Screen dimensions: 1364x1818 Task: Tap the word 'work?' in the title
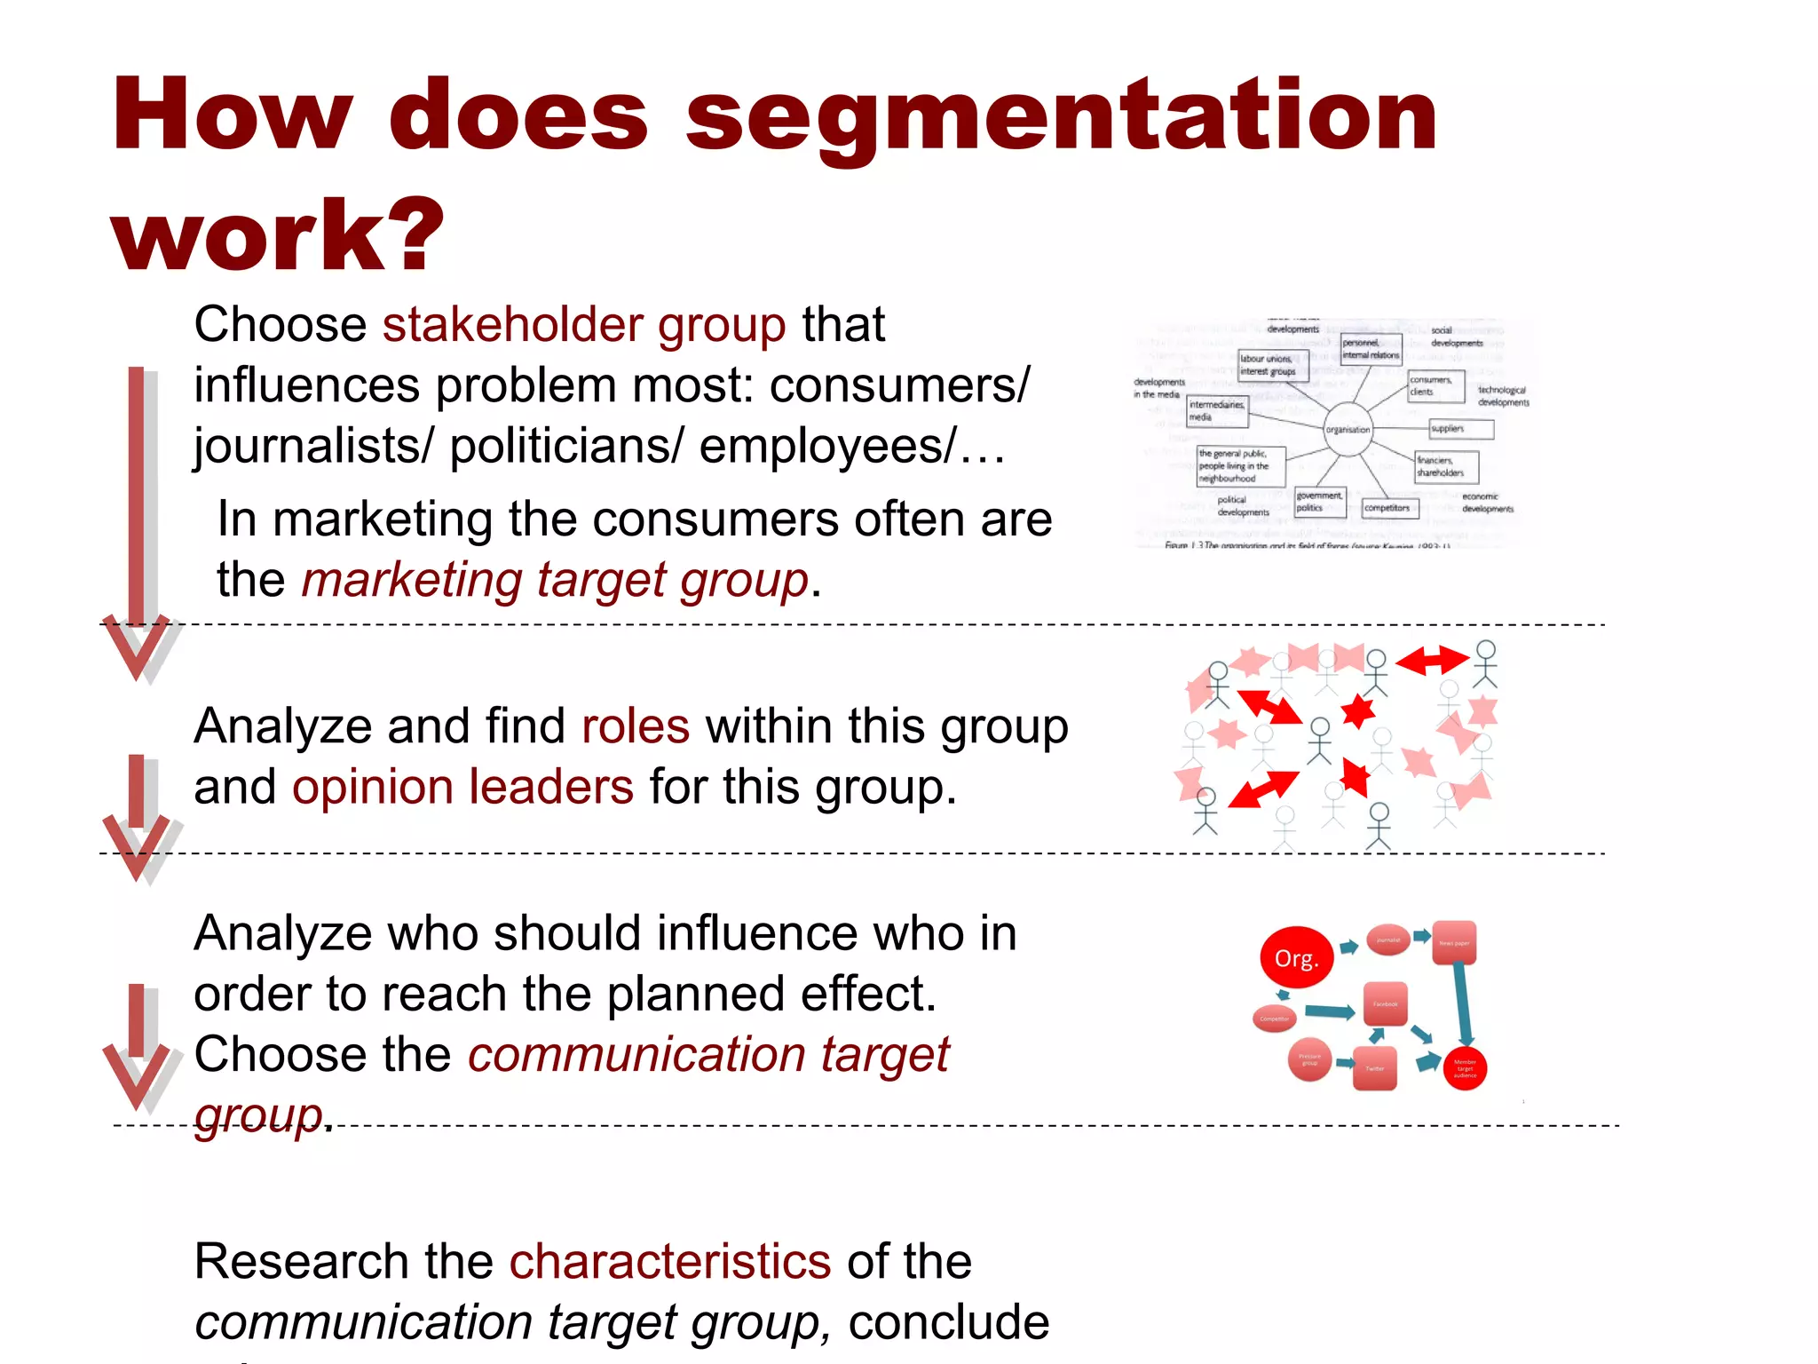277,235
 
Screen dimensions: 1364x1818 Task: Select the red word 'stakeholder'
512,324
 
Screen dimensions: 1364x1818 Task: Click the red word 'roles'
635,726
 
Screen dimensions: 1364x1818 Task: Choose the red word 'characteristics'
670,1261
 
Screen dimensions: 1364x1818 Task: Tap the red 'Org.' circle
1297,958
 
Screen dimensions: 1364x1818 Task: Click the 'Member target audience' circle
1465,1068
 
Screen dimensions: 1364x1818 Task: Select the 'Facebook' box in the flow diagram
1385,1003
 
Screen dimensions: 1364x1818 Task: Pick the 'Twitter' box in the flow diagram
1374,1068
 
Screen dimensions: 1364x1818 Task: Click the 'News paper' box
1454,942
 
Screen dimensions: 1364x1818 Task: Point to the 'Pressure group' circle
1309,1059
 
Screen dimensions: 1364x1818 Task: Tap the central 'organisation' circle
1348,429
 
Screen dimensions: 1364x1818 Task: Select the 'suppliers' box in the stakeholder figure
1461,429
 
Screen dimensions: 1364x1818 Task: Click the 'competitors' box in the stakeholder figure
1390,508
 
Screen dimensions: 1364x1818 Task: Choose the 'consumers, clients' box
1435,386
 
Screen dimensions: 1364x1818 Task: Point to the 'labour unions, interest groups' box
1273,365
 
